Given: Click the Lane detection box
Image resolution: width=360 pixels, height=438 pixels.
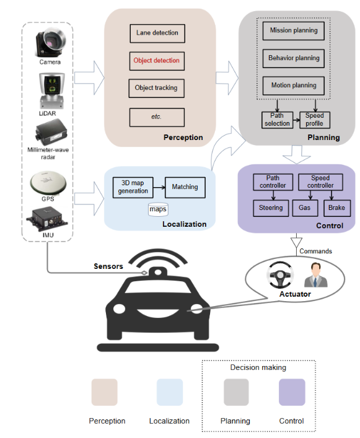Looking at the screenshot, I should [157, 33].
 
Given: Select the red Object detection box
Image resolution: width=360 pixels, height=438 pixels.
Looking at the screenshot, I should [157, 61].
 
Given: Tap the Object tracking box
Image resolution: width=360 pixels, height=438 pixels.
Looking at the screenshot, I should [156, 88].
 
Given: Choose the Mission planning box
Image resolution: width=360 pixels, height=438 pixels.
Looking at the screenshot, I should [294, 30].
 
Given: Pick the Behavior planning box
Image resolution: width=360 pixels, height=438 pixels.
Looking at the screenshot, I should [294, 58].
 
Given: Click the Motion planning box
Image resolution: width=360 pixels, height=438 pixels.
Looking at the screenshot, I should [294, 85].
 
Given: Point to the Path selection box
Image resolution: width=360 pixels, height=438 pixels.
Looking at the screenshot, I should [277, 120].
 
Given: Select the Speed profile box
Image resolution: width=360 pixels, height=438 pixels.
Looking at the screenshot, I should [314, 120].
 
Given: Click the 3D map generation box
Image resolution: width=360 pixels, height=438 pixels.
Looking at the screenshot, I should [133, 186].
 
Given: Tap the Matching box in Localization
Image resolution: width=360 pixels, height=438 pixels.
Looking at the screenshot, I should [184, 186].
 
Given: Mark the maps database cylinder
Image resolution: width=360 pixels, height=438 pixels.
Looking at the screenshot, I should [158, 208].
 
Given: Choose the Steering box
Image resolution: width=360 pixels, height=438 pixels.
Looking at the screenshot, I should [270, 208].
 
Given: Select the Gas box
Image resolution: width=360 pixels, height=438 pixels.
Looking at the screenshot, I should [304, 208].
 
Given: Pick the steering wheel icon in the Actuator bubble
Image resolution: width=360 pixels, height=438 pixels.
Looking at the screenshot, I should [276, 274].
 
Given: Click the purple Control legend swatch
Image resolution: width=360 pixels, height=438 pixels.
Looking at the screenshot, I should [291, 392].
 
